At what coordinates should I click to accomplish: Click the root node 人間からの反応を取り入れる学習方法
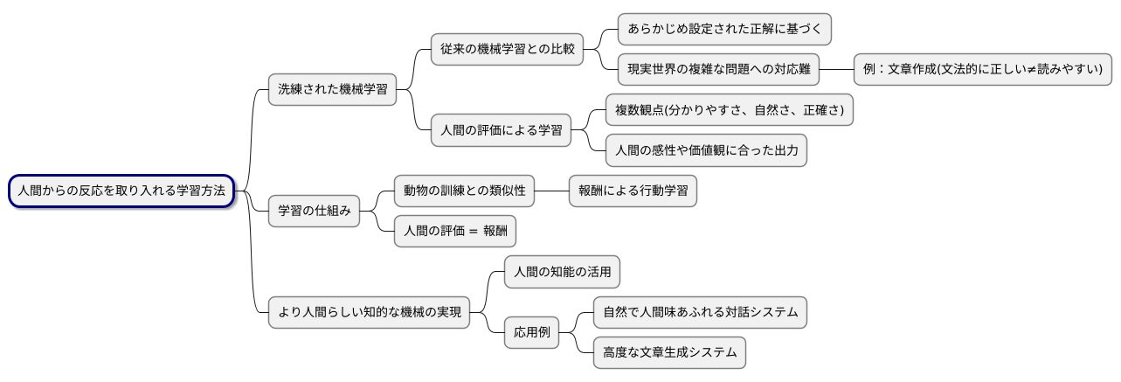tap(121, 191)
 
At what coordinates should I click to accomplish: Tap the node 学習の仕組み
tap(314, 211)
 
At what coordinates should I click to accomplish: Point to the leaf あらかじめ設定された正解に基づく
tap(723, 29)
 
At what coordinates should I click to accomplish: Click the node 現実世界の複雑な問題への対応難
tap(718, 69)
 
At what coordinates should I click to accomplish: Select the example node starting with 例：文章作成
tap(982, 69)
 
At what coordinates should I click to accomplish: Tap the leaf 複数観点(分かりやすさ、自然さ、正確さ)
tap(730, 110)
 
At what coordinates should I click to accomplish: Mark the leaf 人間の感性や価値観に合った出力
tap(706, 150)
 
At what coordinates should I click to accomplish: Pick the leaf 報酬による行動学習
tap(633, 191)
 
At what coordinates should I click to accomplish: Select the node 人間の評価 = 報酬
tap(455, 231)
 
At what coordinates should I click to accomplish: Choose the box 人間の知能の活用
tap(563, 272)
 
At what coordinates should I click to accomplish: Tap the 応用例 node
tap(532, 332)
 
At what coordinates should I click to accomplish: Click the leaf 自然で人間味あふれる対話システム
tap(699, 312)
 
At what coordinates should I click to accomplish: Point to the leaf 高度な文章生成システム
tap(669, 352)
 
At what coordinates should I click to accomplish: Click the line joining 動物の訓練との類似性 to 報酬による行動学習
tap(552, 191)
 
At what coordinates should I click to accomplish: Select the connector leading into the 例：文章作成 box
tap(836, 69)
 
